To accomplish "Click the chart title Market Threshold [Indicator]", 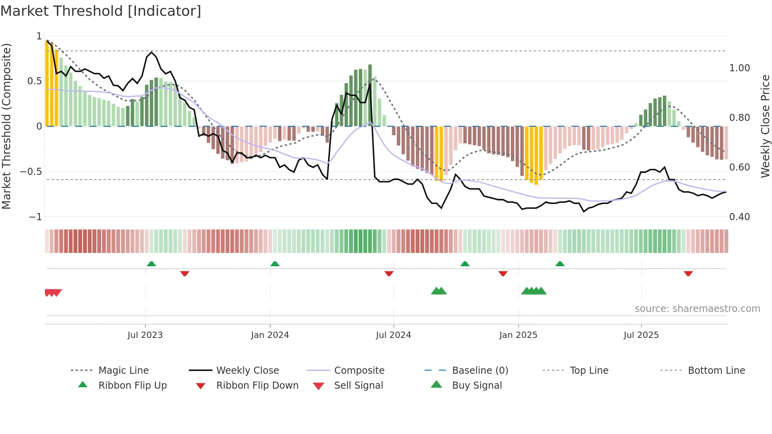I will coord(101,11).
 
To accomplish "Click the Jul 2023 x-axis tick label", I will coord(145,335).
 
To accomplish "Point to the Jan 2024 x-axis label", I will coord(270,335).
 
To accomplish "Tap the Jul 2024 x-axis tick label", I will coord(393,335).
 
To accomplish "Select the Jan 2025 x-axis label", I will coord(518,335).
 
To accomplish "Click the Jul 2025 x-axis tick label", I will coord(641,335).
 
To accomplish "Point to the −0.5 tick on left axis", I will coord(31,172).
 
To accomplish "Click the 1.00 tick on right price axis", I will coord(739,68).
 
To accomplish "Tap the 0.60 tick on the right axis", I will coord(739,167).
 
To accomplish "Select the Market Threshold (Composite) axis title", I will coord(6,126).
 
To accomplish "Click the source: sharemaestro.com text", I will coord(697,309).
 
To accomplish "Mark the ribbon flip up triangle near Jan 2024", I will coord(275,264).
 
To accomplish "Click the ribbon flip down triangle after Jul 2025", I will coord(688,273).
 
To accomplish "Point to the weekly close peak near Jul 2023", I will coord(152,52).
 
